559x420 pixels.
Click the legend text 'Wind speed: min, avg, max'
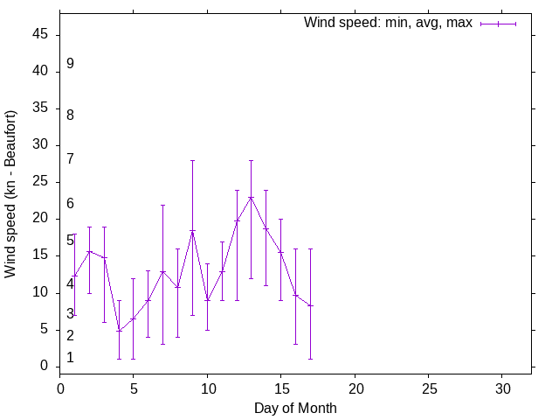(388, 23)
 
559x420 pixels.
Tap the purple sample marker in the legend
(498, 24)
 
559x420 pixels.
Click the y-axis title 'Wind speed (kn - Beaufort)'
(10, 194)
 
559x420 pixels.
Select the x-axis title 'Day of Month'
(295, 408)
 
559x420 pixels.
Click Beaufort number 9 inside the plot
(70, 64)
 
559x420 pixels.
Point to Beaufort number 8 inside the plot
(70, 115)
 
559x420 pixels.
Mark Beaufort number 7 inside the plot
(70, 159)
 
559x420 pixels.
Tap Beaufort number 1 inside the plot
(70, 358)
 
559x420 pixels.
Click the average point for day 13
(251, 197)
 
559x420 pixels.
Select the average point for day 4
(119, 330)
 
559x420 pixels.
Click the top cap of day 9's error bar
(192, 160)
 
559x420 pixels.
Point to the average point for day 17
(310, 305)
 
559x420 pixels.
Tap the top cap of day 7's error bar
(162, 205)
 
